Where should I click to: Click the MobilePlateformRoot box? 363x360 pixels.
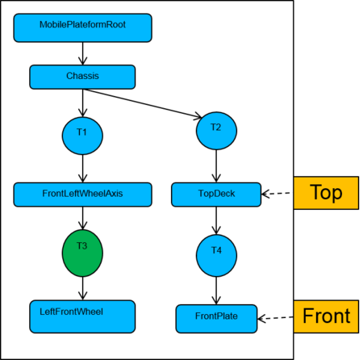point(82,27)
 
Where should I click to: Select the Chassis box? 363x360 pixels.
point(82,77)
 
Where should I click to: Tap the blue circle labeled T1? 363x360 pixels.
point(82,136)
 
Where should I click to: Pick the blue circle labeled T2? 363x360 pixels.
point(216,131)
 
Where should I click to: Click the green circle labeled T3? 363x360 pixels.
point(82,253)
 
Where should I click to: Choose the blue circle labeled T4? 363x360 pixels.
point(216,255)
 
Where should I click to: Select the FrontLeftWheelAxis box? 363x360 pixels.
point(82,195)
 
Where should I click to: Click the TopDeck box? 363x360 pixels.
point(216,195)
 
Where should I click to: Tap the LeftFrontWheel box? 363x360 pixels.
point(82,316)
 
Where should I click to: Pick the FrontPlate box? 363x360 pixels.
point(216,318)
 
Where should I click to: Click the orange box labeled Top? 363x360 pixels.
point(326,193)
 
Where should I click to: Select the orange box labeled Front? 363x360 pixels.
point(326,316)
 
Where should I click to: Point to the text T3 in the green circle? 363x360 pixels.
point(82,245)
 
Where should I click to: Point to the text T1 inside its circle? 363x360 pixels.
point(81,132)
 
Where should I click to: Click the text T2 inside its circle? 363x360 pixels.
point(216,128)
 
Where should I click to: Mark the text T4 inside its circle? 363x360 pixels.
point(216,250)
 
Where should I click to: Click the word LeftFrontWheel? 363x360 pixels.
point(72,312)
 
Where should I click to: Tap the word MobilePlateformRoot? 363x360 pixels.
point(82,25)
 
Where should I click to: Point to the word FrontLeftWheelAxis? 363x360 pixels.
point(82,194)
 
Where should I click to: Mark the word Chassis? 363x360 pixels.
point(82,76)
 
